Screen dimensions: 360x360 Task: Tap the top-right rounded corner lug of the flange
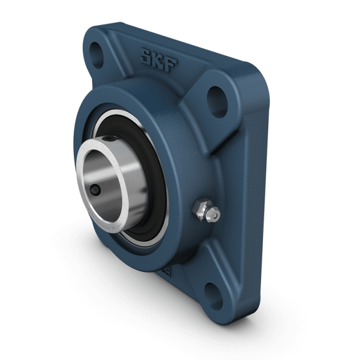tap(225, 90)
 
